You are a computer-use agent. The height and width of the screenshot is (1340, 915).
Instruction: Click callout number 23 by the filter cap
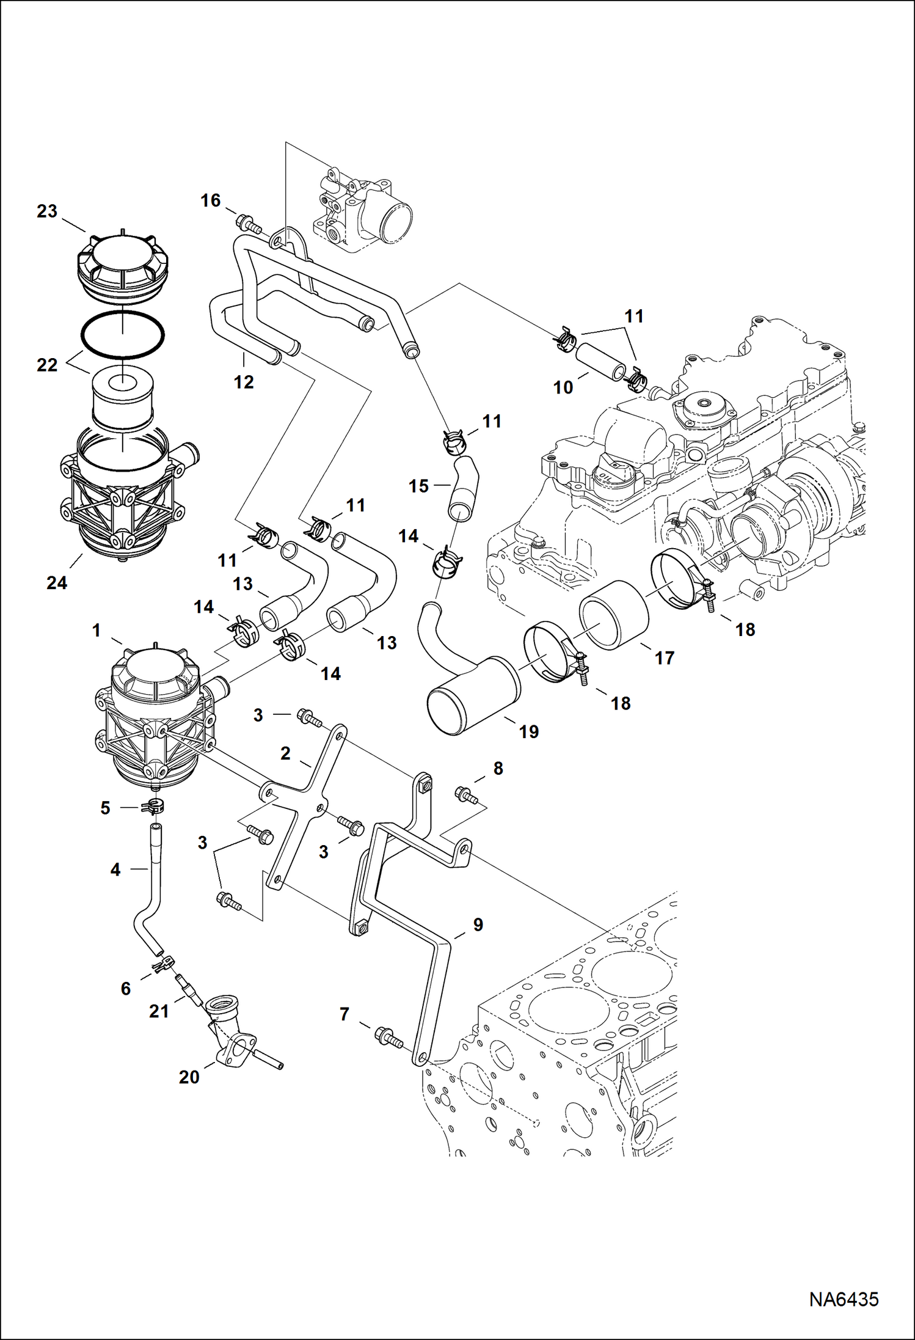(47, 211)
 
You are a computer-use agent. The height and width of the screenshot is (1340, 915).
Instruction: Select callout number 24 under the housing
(57, 583)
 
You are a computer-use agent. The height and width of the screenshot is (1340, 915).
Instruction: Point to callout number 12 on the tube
(244, 383)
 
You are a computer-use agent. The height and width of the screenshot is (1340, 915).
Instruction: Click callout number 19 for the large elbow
(529, 731)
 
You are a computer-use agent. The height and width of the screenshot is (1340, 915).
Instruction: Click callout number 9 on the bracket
(478, 924)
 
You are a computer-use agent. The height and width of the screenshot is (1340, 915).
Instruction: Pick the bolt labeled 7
(387, 1034)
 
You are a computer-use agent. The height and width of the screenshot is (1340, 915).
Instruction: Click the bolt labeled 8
(466, 795)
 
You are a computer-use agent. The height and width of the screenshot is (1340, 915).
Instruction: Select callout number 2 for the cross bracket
(285, 753)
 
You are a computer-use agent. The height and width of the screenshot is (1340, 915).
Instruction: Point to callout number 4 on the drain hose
(115, 869)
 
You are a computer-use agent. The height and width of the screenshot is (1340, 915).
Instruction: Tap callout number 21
(159, 1011)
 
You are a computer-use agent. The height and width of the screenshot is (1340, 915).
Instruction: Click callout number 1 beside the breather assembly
(96, 630)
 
